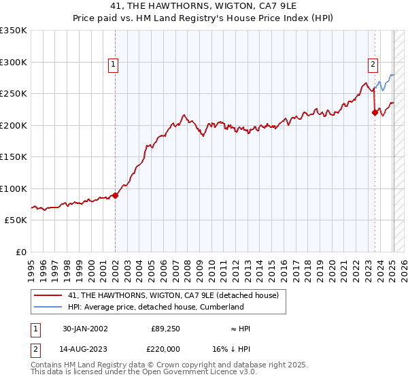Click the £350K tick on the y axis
13,31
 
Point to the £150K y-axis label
13,157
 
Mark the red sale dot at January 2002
115,195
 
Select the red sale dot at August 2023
375,113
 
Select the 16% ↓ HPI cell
241,349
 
